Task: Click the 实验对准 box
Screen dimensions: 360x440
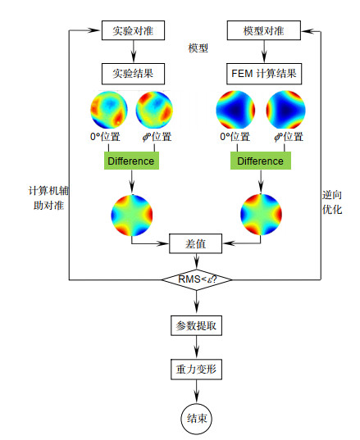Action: tap(133, 30)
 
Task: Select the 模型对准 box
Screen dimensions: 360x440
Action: tap(264, 30)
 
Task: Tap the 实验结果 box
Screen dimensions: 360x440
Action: tap(133, 74)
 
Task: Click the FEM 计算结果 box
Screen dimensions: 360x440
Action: tap(264, 74)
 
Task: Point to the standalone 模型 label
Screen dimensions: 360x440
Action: tap(198, 48)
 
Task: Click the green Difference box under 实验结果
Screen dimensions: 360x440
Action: tap(131, 161)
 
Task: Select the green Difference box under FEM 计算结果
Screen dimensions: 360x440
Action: tap(261, 161)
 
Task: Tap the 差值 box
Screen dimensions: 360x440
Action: tap(195, 243)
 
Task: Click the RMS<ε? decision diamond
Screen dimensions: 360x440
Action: tap(197, 279)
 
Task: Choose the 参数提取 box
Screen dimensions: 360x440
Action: tap(196, 325)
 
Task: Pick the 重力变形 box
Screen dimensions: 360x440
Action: tap(196, 370)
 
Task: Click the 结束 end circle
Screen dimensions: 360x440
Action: tap(196, 419)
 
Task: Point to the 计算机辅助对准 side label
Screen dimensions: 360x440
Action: tap(48, 197)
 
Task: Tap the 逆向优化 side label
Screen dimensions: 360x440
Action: tap(332, 202)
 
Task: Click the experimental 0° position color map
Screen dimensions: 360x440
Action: tap(109, 110)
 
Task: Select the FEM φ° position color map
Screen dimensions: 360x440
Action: tap(285, 110)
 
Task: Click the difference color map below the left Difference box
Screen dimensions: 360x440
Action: tap(132, 215)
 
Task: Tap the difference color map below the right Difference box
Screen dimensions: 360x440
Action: tap(261, 215)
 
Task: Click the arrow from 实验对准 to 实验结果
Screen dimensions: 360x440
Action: tap(134, 52)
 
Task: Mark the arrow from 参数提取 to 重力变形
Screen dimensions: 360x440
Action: tap(196, 347)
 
